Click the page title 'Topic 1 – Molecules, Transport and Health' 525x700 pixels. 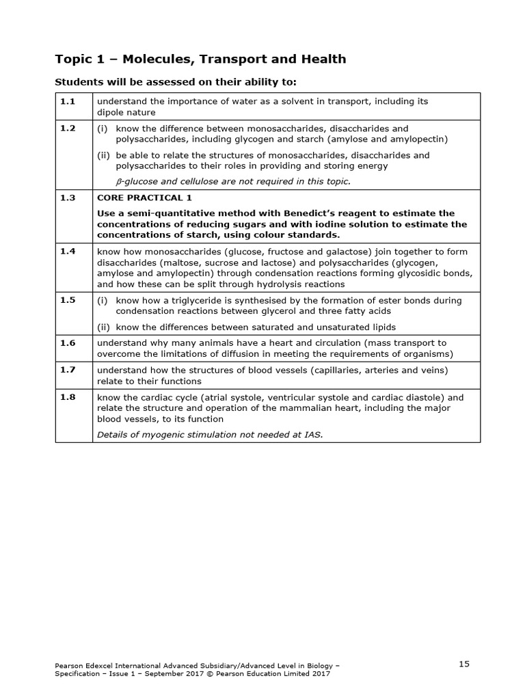(200, 59)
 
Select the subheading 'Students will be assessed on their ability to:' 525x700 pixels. (176, 83)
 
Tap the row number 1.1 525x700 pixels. (67, 101)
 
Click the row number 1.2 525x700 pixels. (67, 129)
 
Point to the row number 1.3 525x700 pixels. (67, 197)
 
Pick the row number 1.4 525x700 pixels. (67, 252)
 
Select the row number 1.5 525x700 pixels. (67, 300)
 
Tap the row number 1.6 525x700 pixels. (67, 343)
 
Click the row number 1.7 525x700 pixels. (67, 371)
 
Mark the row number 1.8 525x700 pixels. (67, 397)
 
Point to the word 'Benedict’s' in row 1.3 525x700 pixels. (325, 213)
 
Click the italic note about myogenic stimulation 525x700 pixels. (209, 434)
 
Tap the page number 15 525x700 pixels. (464, 664)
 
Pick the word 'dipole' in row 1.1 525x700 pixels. (111, 112)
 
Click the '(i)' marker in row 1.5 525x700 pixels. (103, 300)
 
